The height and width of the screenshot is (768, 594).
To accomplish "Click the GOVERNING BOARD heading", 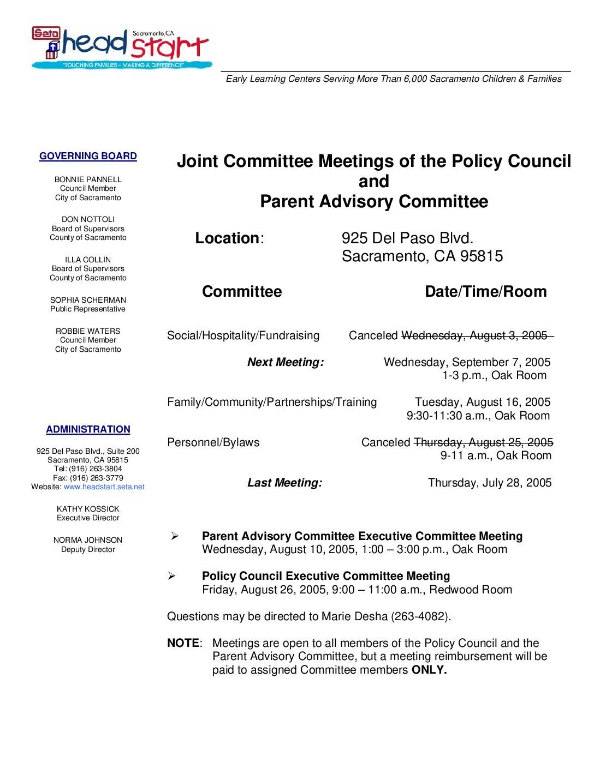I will pyautogui.click(x=88, y=157).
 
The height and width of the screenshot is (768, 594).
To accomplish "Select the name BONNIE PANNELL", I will pyautogui.click(x=88, y=179).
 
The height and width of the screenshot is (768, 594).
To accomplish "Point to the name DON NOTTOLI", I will pyautogui.click(x=88, y=219).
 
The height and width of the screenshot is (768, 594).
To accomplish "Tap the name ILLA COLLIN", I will pyautogui.click(x=88, y=260).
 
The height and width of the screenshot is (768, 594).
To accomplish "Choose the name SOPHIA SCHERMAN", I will pyautogui.click(x=88, y=300).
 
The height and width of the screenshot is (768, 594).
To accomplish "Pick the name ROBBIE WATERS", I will pyautogui.click(x=88, y=331).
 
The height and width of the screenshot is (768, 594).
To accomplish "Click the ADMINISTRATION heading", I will pyautogui.click(x=88, y=430).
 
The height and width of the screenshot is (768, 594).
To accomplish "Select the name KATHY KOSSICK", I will pyautogui.click(x=88, y=509).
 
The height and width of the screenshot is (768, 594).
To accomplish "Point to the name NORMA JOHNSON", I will pyautogui.click(x=88, y=540).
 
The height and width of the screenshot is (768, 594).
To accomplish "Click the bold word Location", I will pyautogui.click(x=227, y=238).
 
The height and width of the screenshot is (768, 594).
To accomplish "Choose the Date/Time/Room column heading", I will pyautogui.click(x=485, y=292).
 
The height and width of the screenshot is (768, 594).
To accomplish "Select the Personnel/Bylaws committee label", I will pyautogui.click(x=213, y=442).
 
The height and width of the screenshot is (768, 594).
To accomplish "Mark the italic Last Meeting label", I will pyautogui.click(x=284, y=483).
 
